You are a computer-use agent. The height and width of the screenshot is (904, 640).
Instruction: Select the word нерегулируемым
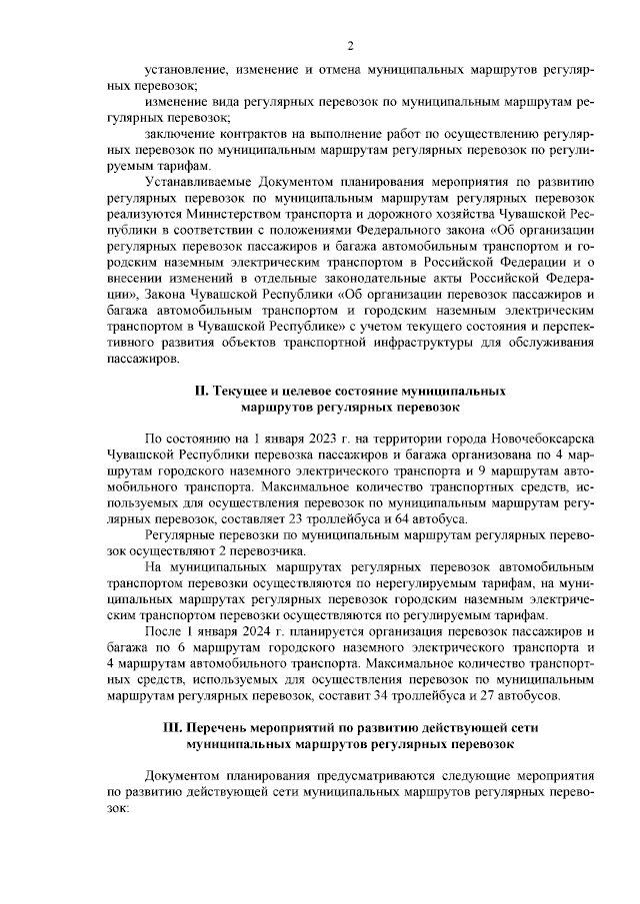click(373, 581)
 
